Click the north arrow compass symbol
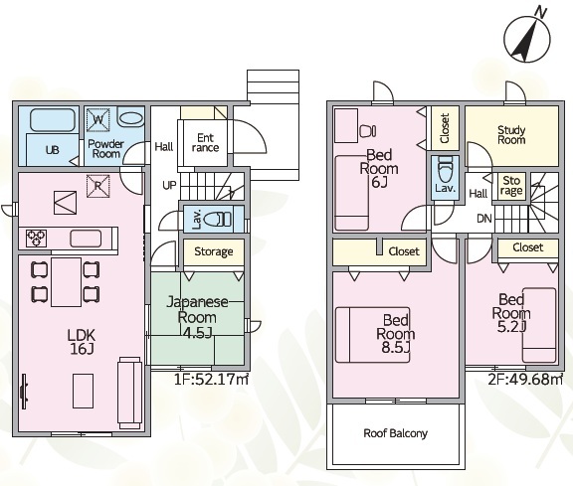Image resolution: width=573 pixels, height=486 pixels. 526,40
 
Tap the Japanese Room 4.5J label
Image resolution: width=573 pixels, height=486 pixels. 197,317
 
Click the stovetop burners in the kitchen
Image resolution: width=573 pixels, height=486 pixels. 36,238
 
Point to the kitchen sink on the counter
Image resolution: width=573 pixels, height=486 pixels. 86,239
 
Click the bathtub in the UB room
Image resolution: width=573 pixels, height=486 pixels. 53,120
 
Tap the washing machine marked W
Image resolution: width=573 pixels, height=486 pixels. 97,119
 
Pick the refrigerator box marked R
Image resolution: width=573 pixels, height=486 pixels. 97,186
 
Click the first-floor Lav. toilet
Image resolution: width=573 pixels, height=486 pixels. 217,220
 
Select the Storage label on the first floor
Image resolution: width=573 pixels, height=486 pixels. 214,251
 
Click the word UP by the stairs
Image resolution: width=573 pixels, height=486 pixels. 169,185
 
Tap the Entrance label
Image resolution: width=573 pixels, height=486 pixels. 205,143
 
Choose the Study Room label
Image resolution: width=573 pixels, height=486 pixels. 511,135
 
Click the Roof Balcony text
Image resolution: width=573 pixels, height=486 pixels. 395,433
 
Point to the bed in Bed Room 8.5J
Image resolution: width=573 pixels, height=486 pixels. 372,335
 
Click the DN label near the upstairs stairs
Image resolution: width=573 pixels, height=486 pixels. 484,219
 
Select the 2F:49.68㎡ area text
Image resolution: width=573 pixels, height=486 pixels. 525,380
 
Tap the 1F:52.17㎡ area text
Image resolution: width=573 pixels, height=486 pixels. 211,380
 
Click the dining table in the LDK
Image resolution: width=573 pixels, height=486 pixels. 66,282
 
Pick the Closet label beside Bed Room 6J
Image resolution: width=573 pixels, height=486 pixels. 445,128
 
